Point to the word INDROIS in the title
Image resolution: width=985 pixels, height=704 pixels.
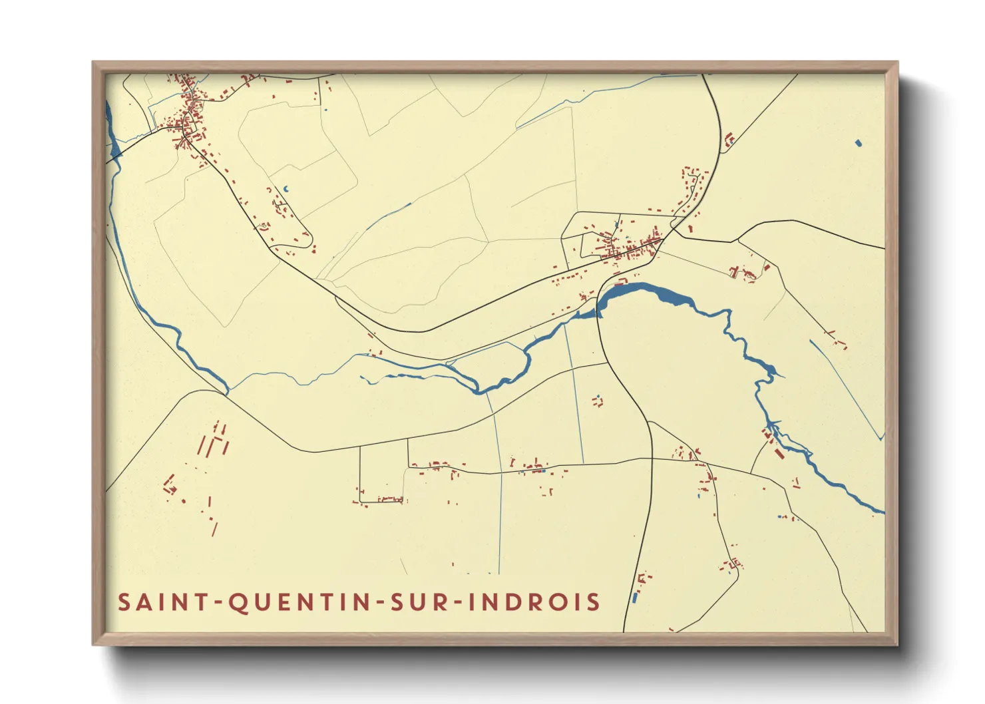point(534,602)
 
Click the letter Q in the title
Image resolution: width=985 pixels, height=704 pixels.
point(238,603)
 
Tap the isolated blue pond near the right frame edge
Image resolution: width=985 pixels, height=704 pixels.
point(858,142)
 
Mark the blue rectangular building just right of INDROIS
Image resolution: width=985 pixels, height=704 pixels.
point(634,598)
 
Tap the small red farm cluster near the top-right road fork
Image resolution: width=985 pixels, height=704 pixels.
point(729,140)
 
